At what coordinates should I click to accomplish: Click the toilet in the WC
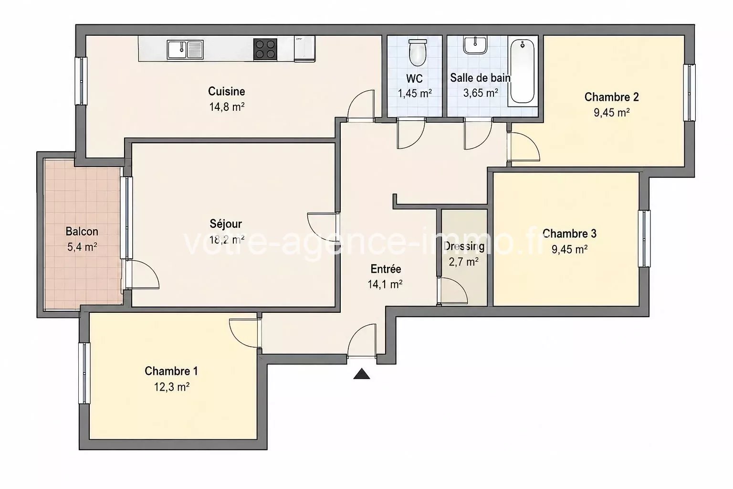[x=418, y=53]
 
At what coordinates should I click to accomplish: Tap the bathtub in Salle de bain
[x=522, y=71]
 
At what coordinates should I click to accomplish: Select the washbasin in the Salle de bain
[x=475, y=45]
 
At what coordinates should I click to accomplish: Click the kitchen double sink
[x=185, y=50]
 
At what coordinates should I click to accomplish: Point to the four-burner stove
[x=265, y=50]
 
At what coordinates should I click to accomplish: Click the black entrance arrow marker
[x=362, y=374]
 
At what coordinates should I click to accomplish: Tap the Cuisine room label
[x=227, y=91]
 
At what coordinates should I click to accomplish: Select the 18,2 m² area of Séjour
[x=227, y=240]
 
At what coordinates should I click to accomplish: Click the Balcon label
[x=82, y=232]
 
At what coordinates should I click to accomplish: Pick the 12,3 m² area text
[x=172, y=387]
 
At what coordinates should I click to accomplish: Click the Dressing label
[x=464, y=246]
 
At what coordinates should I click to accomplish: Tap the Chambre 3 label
[x=569, y=234]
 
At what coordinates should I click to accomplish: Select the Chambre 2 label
[x=612, y=97]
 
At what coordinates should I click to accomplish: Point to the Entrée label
[x=386, y=269]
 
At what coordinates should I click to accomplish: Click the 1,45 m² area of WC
[x=415, y=93]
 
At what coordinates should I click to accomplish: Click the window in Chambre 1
[x=84, y=373]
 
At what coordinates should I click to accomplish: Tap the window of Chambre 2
[x=690, y=93]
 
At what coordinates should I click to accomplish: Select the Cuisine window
[x=81, y=81]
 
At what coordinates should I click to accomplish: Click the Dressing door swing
[x=452, y=291]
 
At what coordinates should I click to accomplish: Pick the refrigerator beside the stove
[x=304, y=49]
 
